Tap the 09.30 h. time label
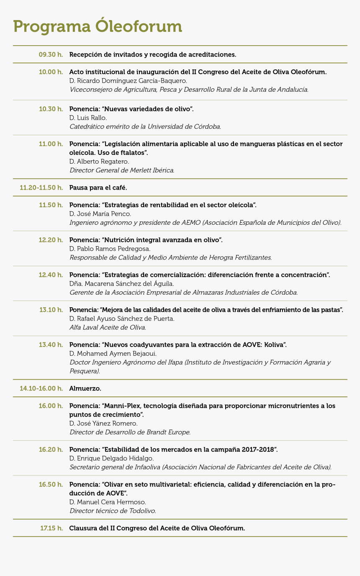point(51,54)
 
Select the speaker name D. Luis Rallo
point(88,118)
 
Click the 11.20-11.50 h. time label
point(41,188)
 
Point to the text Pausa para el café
point(98,188)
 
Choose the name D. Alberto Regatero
point(99,162)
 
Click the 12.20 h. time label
point(51,240)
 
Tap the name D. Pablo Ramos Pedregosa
point(110,249)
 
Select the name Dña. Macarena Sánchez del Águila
point(121,284)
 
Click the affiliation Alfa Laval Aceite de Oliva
point(108,327)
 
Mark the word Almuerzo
point(85,388)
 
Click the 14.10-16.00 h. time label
point(41,388)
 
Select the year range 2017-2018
point(258,450)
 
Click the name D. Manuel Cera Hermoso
point(108,502)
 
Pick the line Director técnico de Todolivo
point(113,511)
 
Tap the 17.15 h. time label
point(51,528)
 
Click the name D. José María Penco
point(100,214)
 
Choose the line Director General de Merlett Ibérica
point(122,170)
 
